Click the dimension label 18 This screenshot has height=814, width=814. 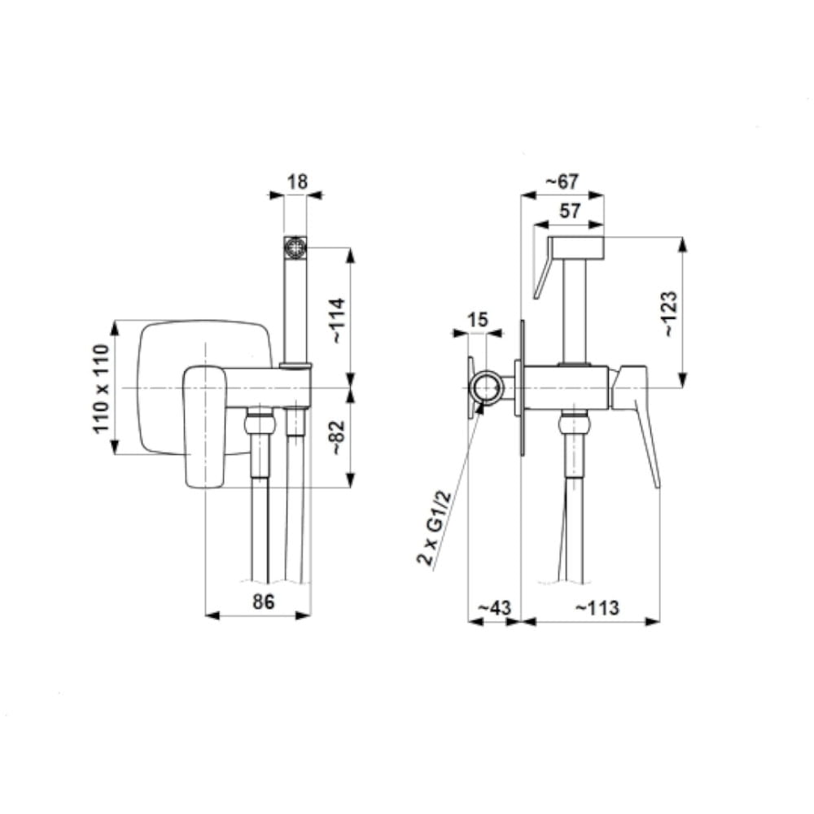pos(297,182)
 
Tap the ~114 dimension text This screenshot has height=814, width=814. pos(337,320)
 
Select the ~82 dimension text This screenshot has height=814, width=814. pos(338,438)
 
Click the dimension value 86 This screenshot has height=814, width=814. pos(263,602)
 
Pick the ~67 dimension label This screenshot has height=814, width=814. pos(561,182)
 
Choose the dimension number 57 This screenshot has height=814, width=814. pos(570,212)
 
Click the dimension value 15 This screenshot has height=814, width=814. pos(477,319)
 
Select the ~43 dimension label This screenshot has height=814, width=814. pos(494,607)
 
